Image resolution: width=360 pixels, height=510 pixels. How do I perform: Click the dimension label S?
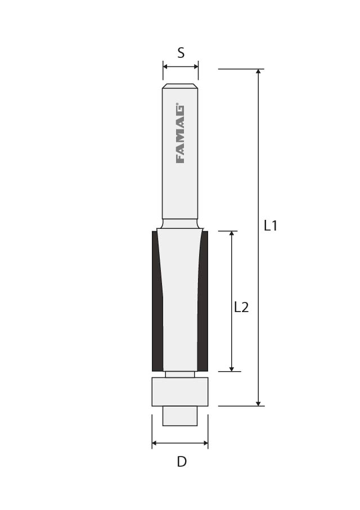pyautogui.click(x=181, y=53)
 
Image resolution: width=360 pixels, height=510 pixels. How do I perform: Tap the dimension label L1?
pyautogui.click(x=271, y=226)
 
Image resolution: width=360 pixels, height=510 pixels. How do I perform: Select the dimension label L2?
pyautogui.click(x=241, y=307)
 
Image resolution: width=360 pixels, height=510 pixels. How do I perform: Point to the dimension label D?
pyautogui.click(x=181, y=462)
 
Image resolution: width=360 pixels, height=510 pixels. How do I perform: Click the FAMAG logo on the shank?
pyautogui.click(x=180, y=133)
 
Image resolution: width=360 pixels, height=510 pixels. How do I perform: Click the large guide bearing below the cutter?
pyautogui.click(x=180, y=391)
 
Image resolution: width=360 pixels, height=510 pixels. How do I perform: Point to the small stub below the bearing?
pyautogui.click(x=180, y=416)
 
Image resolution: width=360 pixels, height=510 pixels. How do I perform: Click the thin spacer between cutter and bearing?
pyautogui.click(x=180, y=374)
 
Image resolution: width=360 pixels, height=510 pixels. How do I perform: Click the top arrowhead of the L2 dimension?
pyautogui.click(x=231, y=234)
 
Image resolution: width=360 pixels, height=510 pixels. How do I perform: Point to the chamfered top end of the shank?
pyautogui.click(x=180, y=87)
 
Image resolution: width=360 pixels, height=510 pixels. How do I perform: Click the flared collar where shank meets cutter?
pyautogui.click(x=180, y=224)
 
